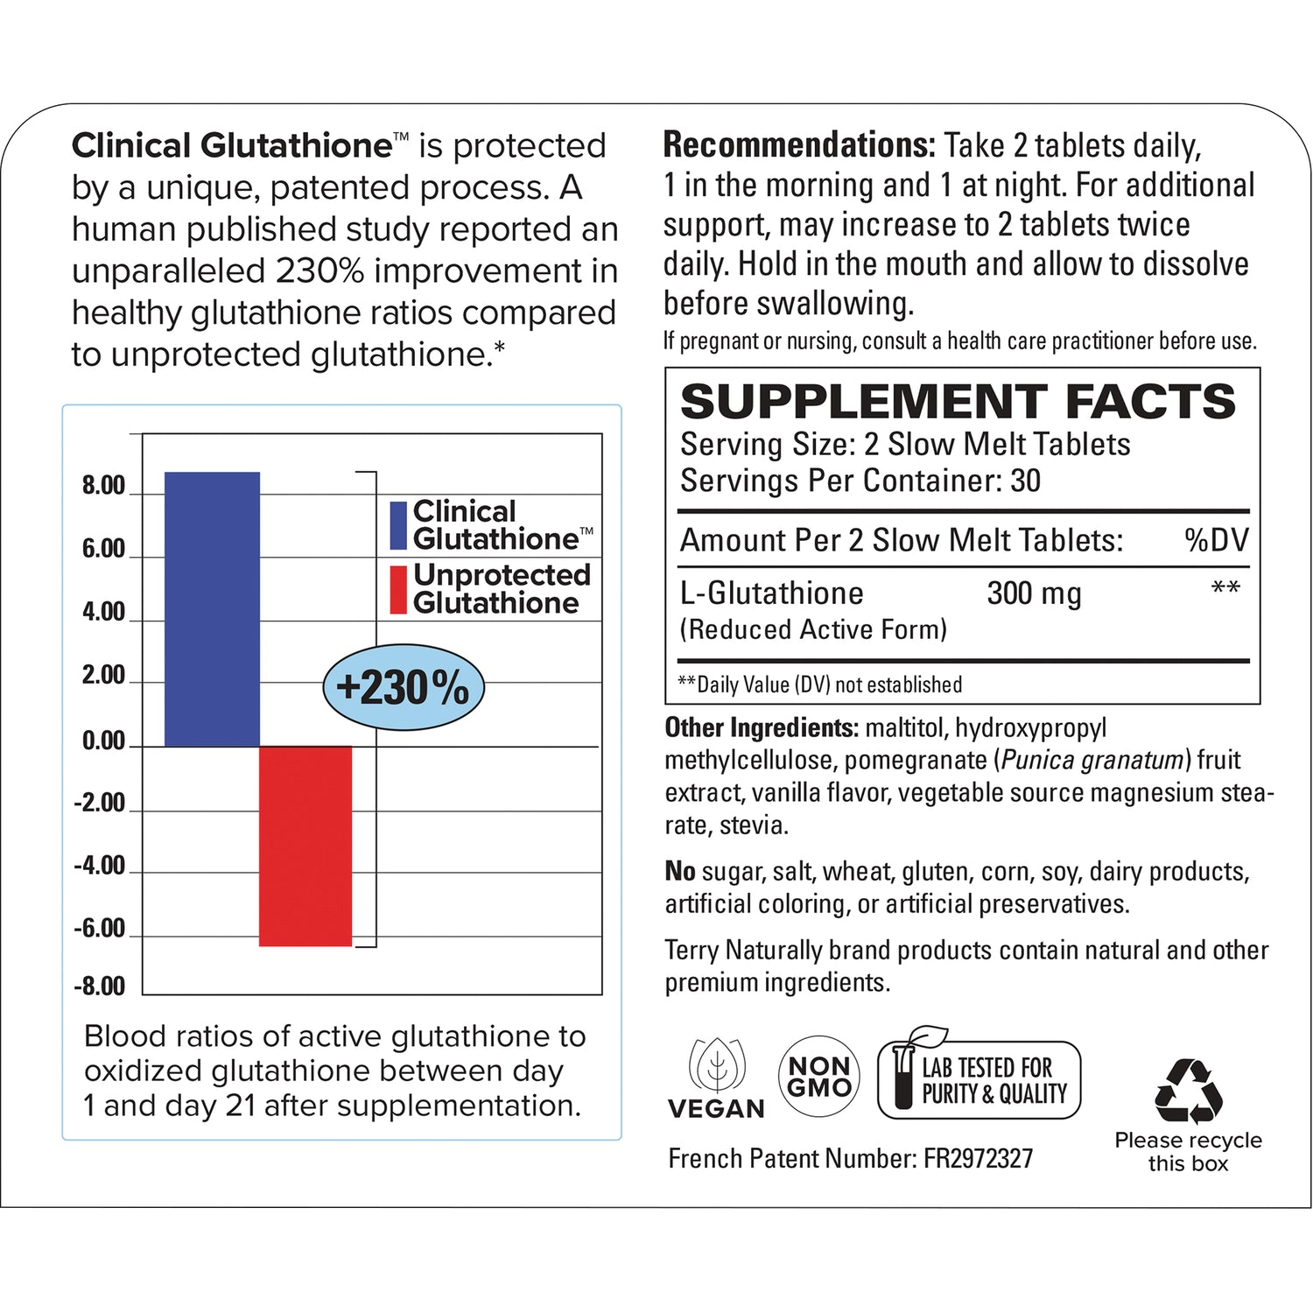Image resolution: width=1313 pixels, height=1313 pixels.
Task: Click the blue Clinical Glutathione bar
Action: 212,609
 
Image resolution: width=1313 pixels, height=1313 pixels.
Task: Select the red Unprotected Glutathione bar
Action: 305,846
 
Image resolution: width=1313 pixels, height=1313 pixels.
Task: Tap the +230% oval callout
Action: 403,687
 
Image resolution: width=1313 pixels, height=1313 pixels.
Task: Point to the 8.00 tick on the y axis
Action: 103,486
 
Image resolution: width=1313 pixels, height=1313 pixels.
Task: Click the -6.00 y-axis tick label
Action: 100,929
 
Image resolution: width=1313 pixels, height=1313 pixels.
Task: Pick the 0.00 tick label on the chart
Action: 103,741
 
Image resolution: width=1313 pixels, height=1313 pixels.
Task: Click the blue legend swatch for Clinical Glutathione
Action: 398,525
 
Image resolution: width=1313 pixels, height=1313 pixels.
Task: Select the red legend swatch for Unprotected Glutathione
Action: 398,589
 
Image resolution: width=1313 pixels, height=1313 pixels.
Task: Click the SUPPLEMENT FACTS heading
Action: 958,402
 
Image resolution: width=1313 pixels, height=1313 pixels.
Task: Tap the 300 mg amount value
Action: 1034,593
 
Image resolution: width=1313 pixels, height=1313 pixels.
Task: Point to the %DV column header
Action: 1216,540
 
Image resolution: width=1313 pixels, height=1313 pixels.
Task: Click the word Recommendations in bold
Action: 799,145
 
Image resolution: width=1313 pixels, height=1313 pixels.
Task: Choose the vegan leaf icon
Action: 717,1065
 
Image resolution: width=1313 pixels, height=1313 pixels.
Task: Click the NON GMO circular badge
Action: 819,1077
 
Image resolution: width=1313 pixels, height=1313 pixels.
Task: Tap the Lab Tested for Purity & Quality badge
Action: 979,1078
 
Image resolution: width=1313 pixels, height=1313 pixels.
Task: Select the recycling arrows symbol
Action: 1188,1091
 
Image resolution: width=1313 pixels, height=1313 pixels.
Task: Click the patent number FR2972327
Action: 978,1159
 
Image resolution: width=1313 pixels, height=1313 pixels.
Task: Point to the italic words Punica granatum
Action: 1092,760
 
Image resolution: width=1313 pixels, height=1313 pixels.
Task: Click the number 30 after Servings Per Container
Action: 1025,481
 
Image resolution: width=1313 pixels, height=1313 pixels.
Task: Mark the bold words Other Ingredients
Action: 761,727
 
